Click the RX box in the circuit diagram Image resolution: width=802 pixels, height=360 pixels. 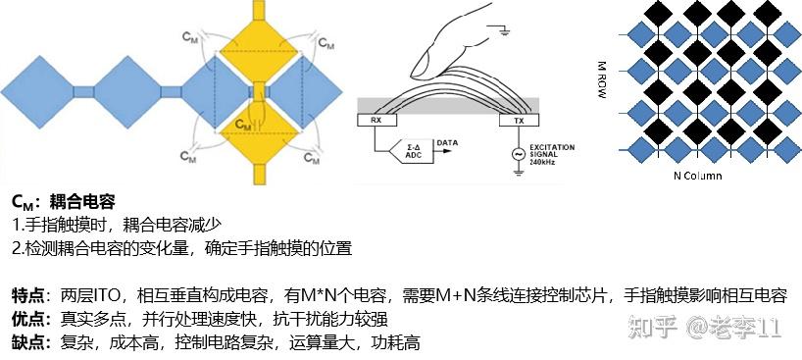[x=376, y=121]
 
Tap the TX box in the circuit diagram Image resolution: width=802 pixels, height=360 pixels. [x=514, y=121]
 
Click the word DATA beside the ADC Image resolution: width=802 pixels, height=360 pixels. [x=448, y=141]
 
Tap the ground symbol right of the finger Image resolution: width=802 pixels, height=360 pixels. [x=504, y=32]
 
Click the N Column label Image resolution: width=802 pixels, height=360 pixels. [x=697, y=176]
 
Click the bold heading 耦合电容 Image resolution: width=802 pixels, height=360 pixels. [x=83, y=202]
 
